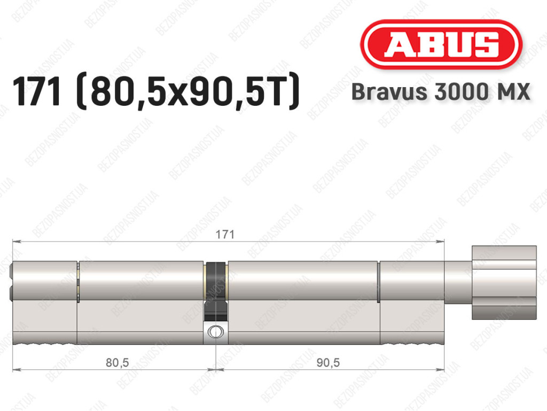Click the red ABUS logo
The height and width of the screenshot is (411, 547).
(x=441, y=44)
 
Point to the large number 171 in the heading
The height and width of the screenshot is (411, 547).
(x=37, y=91)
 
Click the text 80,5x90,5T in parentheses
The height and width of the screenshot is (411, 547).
(x=188, y=92)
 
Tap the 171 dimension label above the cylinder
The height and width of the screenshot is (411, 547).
(x=225, y=234)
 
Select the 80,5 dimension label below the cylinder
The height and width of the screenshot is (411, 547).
(x=117, y=362)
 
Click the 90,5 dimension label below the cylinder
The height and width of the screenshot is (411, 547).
(x=328, y=362)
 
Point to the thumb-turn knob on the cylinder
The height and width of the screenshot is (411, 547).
(x=504, y=283)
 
